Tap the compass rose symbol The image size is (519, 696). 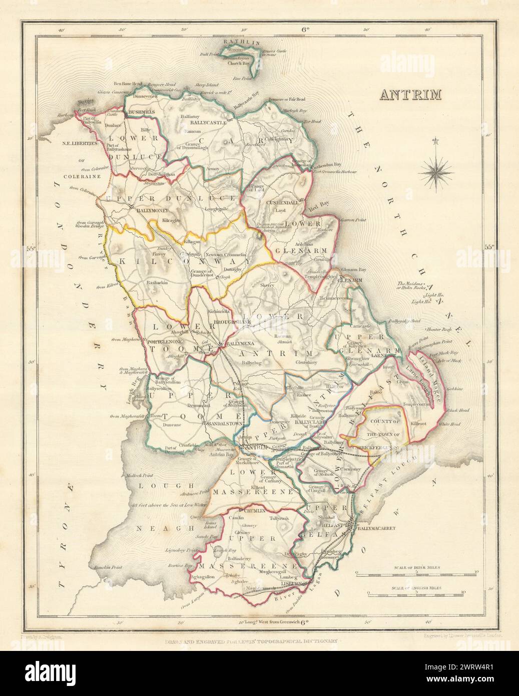tap(435, 172)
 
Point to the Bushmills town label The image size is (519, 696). tap(142, 113)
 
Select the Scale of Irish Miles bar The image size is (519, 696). tap(418, 571)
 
